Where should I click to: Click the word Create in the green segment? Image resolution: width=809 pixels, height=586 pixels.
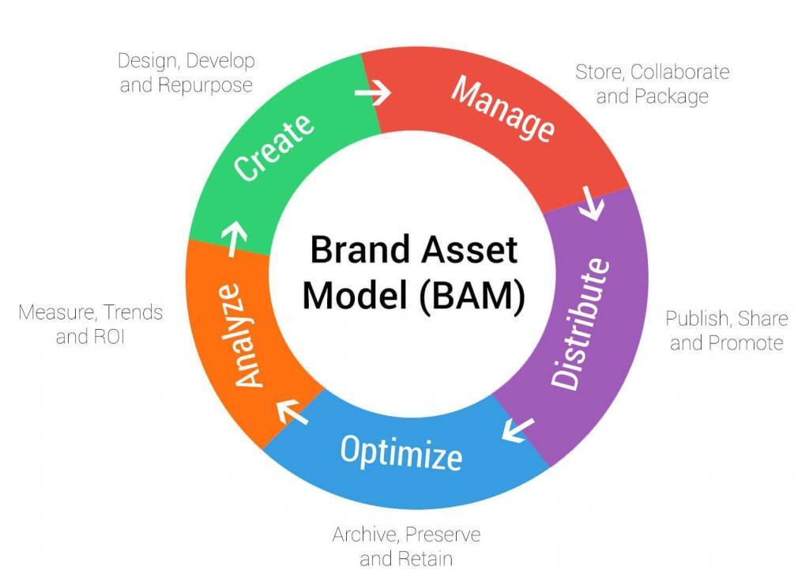tap(275, 147)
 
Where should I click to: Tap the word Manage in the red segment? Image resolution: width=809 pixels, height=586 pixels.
tap(502, 109)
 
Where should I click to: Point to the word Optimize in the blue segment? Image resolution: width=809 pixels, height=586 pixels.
tap(401, 452)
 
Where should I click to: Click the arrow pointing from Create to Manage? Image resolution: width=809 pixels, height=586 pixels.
tap(372, 93)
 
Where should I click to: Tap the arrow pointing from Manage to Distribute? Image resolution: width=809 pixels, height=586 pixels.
tap(592, 204)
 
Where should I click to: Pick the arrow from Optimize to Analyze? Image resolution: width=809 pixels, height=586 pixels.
tap(292, 411)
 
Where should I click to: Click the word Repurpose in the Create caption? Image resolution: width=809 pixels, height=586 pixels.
tap(205, 85)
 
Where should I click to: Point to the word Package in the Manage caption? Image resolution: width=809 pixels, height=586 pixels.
tap(673, 97)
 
